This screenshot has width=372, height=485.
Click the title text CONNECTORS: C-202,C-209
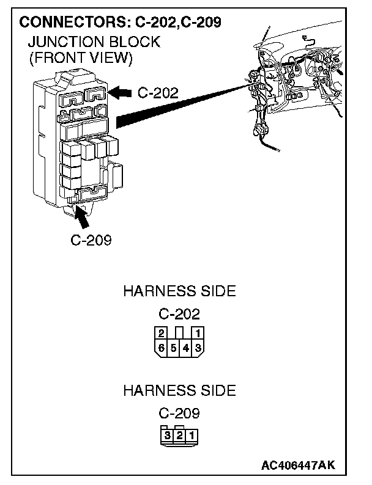[120, 23]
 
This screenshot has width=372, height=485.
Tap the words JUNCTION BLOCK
[86, 42]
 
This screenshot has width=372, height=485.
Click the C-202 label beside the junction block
[158, 93]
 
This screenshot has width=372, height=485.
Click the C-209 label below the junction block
[91, 239]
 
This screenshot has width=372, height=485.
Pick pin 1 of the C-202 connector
[198, 334]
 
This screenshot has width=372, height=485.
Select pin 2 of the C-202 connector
[161, 334]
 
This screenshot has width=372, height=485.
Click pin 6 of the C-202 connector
[161, 348]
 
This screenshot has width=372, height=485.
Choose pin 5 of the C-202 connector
[173, 348]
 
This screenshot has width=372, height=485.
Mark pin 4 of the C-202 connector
[186, 348]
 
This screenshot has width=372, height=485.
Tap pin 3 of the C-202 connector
[198, 348]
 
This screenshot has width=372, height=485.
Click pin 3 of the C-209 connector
[167, 436]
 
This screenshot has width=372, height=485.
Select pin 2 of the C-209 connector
[179, 436]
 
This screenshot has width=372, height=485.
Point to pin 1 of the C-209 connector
[192, 436]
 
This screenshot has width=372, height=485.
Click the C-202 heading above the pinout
[179, 315]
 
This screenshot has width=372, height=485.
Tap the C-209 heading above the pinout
[179, 414]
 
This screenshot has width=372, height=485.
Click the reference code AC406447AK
[299, 466]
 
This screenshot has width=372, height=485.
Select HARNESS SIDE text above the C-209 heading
[179, 390]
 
